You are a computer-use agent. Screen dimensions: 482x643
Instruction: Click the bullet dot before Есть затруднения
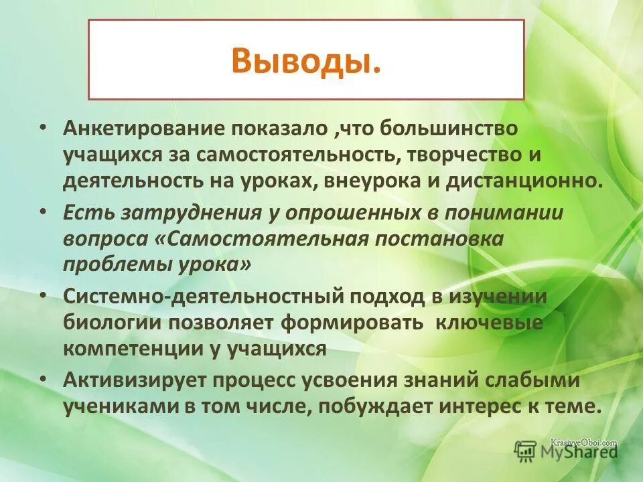(44, 211)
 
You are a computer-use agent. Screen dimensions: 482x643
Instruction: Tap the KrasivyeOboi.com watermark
(583, 443)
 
